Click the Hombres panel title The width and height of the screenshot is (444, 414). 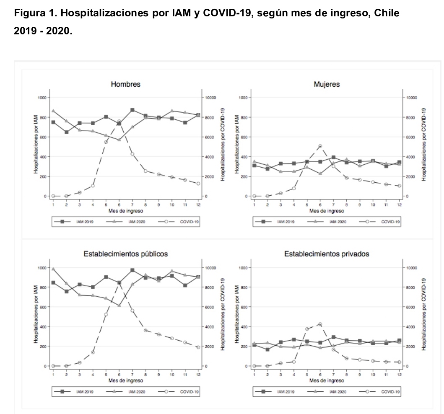[125, 84]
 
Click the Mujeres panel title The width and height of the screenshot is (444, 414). [327, 84]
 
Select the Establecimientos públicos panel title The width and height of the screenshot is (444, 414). [125, 254]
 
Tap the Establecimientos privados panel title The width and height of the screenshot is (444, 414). [327, 254]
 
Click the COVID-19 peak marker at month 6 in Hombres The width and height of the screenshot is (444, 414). [119, 122]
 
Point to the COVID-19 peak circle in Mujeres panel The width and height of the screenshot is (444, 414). [320, 146]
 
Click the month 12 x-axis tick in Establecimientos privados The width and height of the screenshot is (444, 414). [399, 374]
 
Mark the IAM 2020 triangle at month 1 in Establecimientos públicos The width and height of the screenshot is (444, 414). [53, 269]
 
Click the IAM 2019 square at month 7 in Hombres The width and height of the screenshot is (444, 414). [132, 110]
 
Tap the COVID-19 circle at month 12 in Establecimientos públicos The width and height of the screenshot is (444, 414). [198, 347]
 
